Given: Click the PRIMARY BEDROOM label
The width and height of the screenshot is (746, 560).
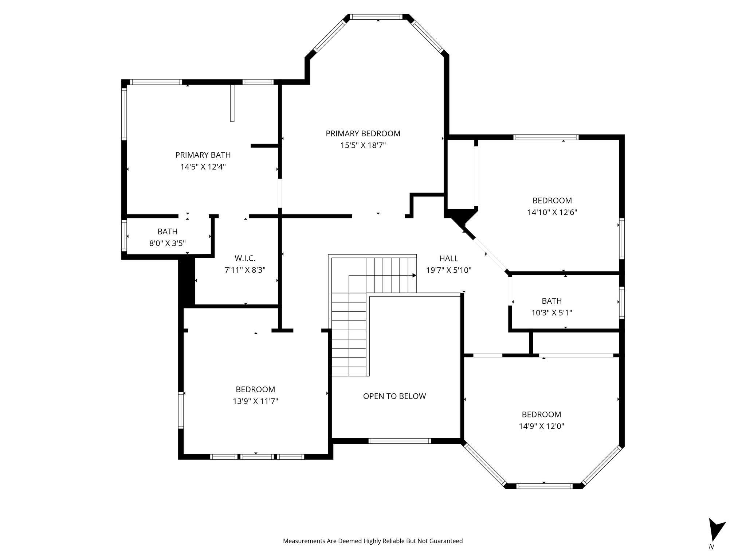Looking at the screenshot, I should click(x=363, y=133).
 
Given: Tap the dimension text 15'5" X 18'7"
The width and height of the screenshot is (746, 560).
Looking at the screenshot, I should click(x=363, y=145).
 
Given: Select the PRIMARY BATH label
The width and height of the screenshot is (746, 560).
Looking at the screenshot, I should click(x=203, y=155).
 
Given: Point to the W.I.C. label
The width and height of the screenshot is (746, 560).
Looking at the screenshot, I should click(x=245, y=258).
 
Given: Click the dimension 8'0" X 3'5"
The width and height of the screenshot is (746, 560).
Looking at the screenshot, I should click(x=168, y=243).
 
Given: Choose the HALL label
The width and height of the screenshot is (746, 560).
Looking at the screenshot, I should click(x=448, y=258).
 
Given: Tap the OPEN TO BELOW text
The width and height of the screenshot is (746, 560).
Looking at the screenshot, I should click(x=394, y=396).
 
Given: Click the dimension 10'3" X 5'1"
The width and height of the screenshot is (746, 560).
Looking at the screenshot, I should click(x=551, y=313).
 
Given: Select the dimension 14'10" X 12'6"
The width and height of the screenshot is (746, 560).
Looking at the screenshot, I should click(x=552, y=212).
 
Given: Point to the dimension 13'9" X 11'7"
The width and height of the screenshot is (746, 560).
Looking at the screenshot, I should click(x=255, y=401).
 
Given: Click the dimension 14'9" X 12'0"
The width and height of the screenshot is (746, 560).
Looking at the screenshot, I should click(x=541, y=426).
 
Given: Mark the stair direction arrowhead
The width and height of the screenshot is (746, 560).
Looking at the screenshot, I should click(x=414, y=276).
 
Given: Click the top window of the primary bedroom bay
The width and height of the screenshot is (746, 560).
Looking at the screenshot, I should click(x=378, y=17).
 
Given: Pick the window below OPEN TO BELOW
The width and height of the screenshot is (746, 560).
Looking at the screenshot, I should click(x=399, y=441).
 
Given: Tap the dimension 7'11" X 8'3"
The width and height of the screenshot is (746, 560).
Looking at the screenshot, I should click(x=245, y=271).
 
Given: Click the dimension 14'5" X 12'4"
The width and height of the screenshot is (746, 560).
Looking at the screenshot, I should click(x=203, y=167).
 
